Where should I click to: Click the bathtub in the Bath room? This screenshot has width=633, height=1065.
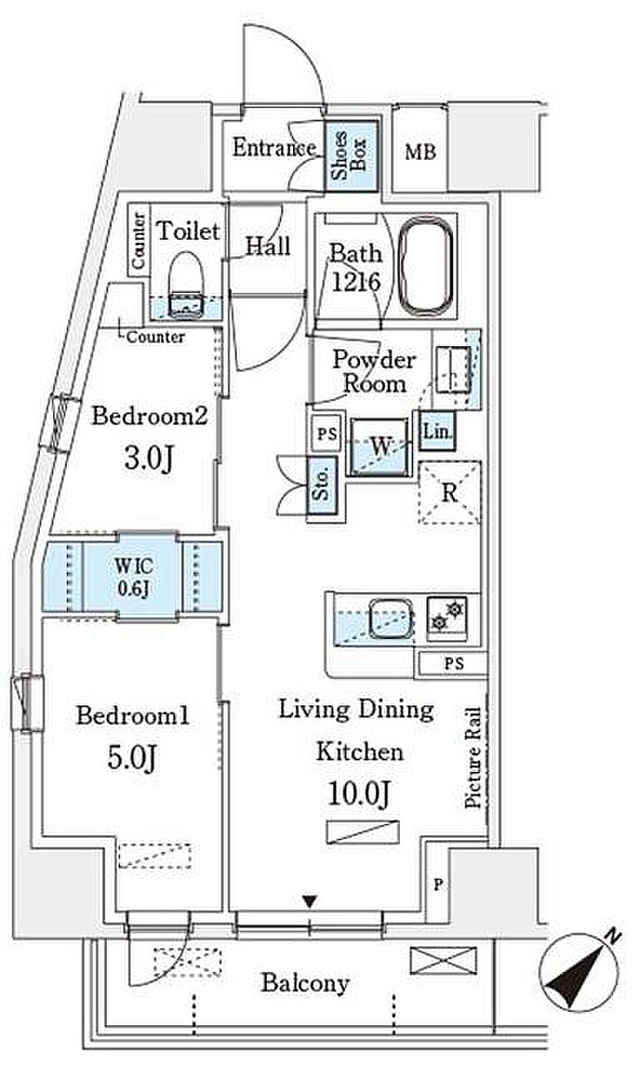pyautogui.click(x=426, y=266)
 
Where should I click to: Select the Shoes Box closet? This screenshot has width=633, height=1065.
pyautogui.click(x=351, y=156)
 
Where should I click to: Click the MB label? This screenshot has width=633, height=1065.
pyautogui.click(x=420, y=152)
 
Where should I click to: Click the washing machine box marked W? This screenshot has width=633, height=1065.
pyautogui.click(x=381, y=447)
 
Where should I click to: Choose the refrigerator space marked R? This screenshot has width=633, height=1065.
pyautogui.click(x=449, y=493)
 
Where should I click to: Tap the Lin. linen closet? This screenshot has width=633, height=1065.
pyautogui.click(x=437, y=430)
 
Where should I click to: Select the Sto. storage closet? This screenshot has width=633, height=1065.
pyautogui.click(x=322, y=485)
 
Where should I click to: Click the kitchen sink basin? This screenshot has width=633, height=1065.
pyautogui.click(x=392, y=618)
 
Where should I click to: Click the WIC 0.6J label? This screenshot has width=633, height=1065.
pyautogui.click(x=133, y=577)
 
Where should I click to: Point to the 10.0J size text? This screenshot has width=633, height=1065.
pyautogui.click(x=359, y=794)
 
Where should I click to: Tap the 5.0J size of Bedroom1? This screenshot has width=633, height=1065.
pyautogui.click(x=132, y=758)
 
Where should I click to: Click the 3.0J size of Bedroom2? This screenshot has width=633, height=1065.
pyautogui.click(x=148, y=458)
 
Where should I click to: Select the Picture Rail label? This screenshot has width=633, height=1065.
pyautogui.click(x=473, y=758)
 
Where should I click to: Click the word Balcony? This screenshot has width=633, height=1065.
pyautogui.click(x=305, y=983)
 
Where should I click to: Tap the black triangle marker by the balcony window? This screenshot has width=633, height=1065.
pyautogui.click(x=309, y=902)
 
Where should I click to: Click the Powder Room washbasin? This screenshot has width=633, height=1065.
pyautogui.click(x=452, y=370)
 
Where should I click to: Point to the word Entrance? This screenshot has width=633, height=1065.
pyautogui.click(x=274, y=147)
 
